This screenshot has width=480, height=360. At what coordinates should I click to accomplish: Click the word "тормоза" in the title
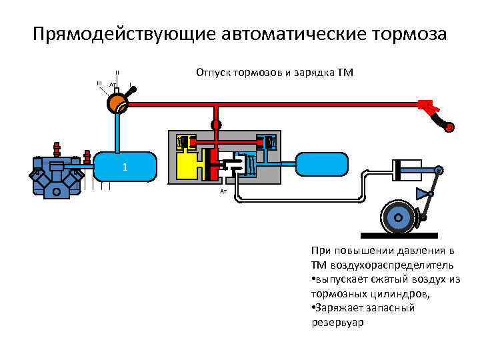[x=405, y=33]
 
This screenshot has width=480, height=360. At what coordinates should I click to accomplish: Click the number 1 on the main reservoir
[x=125, y=167]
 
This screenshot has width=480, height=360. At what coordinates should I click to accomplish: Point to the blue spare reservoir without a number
[x=322, y=167]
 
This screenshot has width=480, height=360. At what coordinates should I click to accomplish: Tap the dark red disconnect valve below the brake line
[x=215, y=125]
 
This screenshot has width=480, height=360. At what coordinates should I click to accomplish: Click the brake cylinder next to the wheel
[x=406, y=171]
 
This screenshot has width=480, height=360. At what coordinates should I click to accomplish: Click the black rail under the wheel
[x=399, y=235]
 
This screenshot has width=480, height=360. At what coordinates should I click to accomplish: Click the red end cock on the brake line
[x=426, y=105]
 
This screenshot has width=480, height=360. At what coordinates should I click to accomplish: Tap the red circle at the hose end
[x=450, y=127]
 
